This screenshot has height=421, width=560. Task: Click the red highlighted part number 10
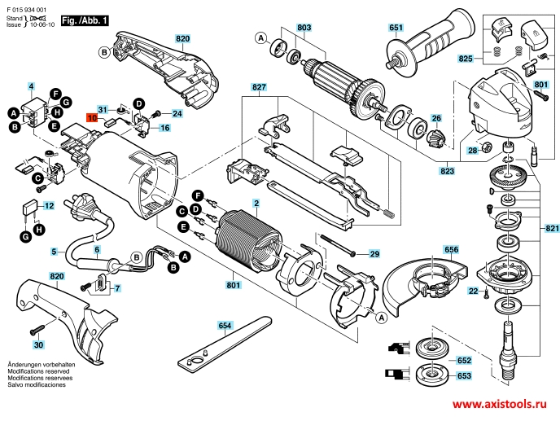coord(93,116)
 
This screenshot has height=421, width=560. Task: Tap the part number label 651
coord(396,29)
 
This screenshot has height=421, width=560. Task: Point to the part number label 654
coord(225,326)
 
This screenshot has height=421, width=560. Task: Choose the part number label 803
coord(304,29)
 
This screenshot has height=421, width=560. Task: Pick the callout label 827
coord(259,86)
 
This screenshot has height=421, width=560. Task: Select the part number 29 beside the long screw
coord(374,255)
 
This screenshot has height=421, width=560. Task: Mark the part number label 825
coord(465,59)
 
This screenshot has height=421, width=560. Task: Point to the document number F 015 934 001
coord(30,5)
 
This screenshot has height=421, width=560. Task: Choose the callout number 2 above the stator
coord(256,202)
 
